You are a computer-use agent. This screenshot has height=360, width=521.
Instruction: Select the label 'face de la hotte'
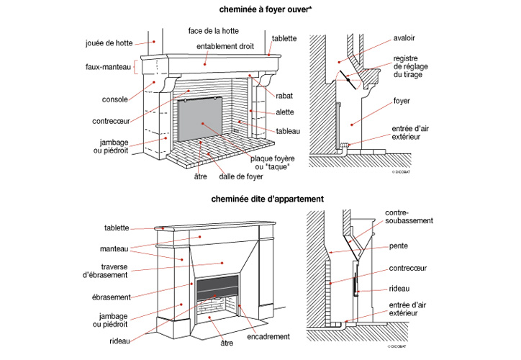pos(213,32)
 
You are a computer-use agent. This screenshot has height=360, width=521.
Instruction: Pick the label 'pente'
pos(398,246)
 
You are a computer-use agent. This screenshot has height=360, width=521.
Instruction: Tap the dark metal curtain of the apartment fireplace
pos(217,285)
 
